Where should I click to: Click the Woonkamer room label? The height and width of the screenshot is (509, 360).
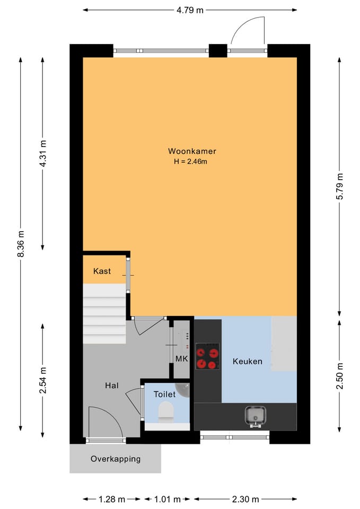192,151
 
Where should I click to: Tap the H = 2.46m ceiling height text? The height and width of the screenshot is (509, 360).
190,161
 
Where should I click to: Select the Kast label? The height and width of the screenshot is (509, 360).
102,271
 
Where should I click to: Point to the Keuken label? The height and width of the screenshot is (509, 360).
248,361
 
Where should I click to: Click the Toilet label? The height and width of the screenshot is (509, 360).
164,394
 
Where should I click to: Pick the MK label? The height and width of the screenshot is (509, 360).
182,359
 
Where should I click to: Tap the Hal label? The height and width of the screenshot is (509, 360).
112,385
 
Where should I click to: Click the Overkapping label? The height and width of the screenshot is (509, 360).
116,459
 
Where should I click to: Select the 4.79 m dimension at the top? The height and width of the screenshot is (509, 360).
190,10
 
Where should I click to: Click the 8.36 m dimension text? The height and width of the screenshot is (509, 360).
21,244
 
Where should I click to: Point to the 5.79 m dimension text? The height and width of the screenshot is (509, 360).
339,186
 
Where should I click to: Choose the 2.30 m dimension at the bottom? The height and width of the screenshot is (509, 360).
245,499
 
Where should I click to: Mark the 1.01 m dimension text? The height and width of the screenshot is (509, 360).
167,499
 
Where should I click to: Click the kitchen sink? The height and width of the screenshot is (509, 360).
255,416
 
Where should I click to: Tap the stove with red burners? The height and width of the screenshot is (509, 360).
207,356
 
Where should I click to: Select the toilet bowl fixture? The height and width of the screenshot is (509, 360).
166,411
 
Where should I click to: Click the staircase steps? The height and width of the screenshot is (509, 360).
104,313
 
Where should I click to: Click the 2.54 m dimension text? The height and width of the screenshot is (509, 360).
43,380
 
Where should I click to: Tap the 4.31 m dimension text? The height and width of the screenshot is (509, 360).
43,153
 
